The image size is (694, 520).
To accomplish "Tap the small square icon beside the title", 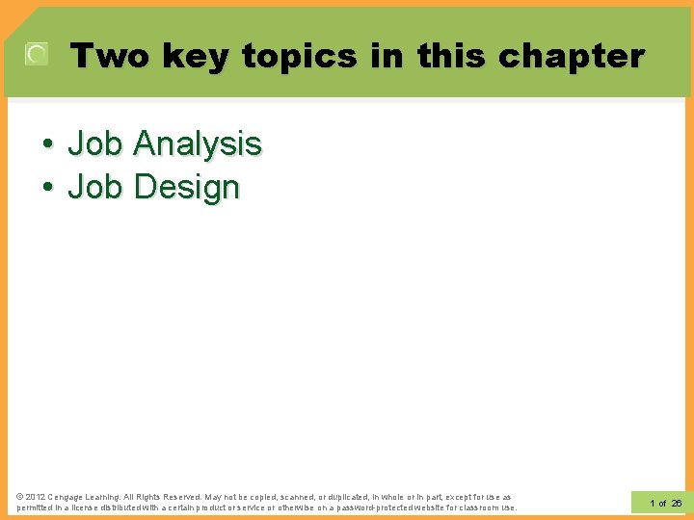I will (x=37, y=55).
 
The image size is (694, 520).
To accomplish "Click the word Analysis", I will (x=198, y=144).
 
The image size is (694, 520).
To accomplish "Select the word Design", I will (x=187, y=187).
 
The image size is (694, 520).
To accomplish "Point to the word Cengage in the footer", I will (x=69, y=497).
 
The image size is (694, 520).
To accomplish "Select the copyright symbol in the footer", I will (x=20, y=497).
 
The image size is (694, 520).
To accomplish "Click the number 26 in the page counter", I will (x=676, y=503).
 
